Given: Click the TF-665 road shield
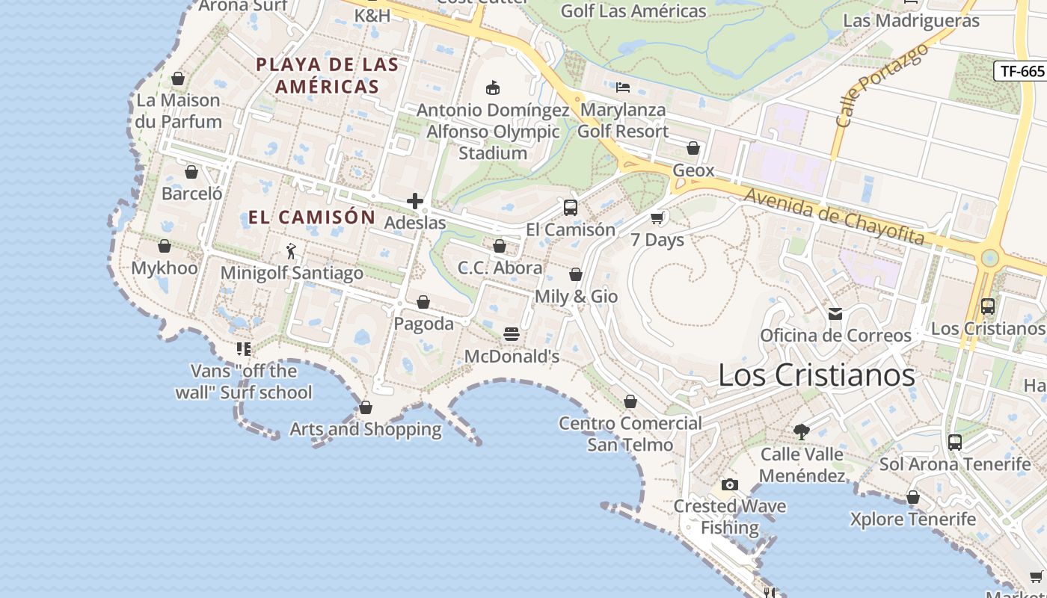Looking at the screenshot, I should click(1022, 71).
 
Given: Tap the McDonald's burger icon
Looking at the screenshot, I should click(512, 334).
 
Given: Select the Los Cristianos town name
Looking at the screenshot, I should click(817, 374).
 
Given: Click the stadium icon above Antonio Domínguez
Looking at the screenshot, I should click(492, 88).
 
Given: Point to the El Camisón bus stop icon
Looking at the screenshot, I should click(571, 208).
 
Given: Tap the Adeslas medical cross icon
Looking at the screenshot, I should click(415, 201).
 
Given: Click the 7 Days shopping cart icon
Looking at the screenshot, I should click(657, 218).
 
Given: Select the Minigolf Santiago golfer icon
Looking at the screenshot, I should click(291, 251).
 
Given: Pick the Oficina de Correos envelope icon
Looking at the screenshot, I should click(835, 314).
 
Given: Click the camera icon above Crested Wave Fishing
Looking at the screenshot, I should click(730, 484).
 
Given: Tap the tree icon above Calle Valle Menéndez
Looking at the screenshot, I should click(802, 431).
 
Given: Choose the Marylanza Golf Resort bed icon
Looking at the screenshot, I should click(623, 87).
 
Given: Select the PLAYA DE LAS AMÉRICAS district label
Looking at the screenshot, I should click(328, 75).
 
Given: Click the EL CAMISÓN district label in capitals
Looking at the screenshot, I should click(311, 218).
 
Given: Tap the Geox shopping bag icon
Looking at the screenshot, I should click(693, 148).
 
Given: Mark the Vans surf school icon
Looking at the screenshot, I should click(244, 348).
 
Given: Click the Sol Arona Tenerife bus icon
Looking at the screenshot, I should click(955, 442).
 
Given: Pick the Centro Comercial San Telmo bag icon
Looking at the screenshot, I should click(630, 401).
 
